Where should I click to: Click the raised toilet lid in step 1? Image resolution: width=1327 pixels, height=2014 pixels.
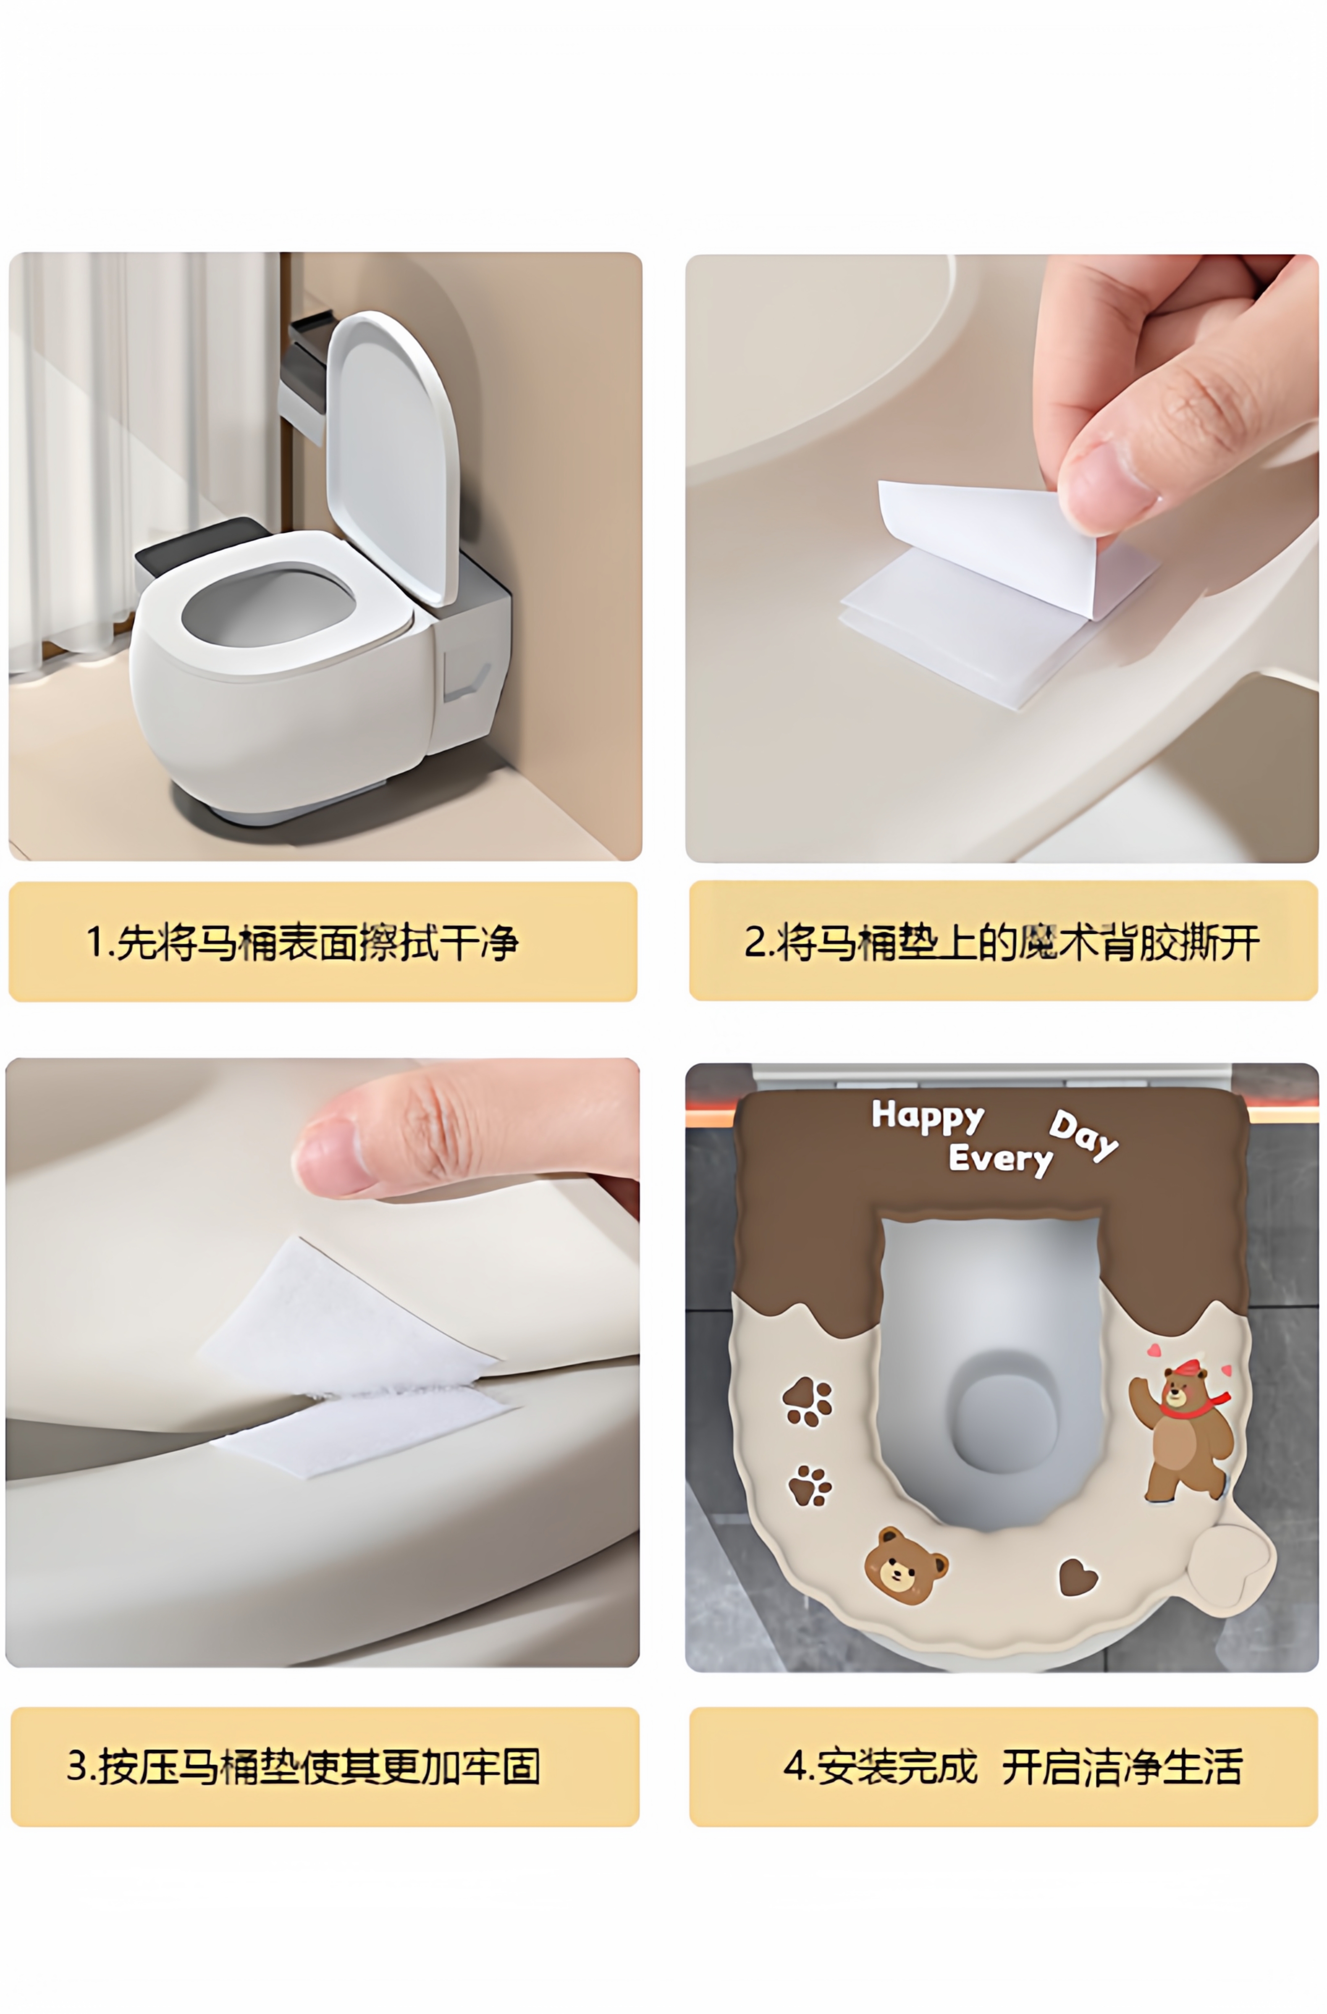(x=393, y=457)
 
